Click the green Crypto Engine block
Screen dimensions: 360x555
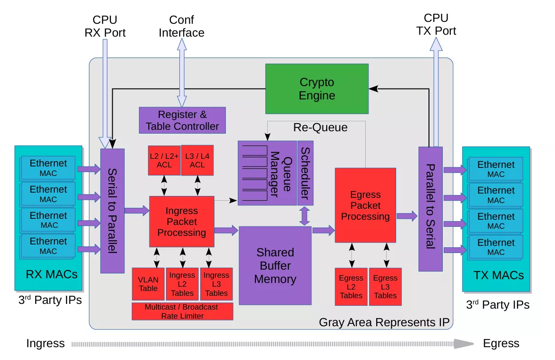[x=317, y=89]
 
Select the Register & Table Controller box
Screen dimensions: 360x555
[x=182, y=120]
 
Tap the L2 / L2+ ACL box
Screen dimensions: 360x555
[x=164, y=160]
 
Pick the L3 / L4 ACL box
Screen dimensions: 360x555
[x=197, y=160]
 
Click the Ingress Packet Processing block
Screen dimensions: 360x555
[x=181, y=222]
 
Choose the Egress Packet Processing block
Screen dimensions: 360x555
[x=365, y=205]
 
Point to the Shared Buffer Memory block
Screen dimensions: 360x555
[x=275, y=265]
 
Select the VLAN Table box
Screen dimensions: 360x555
[x=148, y=284]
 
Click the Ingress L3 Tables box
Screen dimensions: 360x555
[x=216, y=284]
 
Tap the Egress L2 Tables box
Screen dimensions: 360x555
[x=351, y=286]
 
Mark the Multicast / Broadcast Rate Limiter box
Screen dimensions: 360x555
[x=182, y=311]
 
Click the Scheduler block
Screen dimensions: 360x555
[x=305, y=173]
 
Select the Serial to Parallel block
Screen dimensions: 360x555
[x=112, y=211]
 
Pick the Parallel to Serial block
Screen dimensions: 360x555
[x=430, y=208]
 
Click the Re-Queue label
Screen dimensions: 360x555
[x=320, y=127]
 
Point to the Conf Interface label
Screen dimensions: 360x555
[x=181, y=27]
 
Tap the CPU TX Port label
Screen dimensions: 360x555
[x=436, y=25]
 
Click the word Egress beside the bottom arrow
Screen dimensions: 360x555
[x=501, y=343]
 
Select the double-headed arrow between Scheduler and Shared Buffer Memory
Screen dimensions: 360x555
[x=305, y=216]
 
